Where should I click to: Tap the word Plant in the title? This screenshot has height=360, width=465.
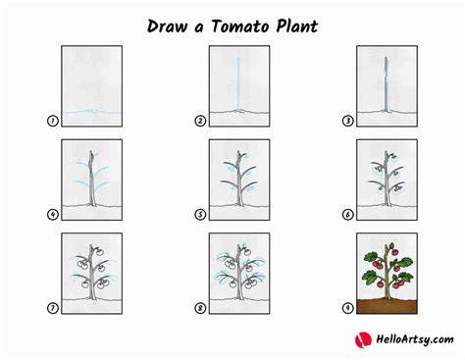click(296, 26)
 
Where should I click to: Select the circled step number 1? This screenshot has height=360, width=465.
click(53, 121)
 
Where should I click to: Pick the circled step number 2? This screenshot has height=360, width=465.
click(200, 121)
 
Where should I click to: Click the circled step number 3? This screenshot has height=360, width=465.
click(347, 121)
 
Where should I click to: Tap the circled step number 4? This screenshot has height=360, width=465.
click(53, 215)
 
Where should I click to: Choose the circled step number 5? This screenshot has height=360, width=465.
click(200, 215)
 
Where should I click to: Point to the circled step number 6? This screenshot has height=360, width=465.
click(347, 215)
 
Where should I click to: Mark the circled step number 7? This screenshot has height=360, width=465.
click(53, 308)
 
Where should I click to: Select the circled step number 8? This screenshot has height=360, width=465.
click(200, 308)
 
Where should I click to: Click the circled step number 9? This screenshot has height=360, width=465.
click(347, 308)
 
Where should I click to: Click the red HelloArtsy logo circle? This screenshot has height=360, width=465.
click(363, 339)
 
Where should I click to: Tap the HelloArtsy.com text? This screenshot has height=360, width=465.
click(415, 339)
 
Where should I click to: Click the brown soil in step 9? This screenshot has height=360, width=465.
click(387, 306)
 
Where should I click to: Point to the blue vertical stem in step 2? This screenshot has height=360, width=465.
click(239, 83)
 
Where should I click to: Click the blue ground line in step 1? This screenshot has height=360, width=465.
click(92, 112)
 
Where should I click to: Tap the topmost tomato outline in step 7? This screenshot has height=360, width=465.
click(100, 252)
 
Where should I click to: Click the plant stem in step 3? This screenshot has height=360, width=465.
click(387, 84)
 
